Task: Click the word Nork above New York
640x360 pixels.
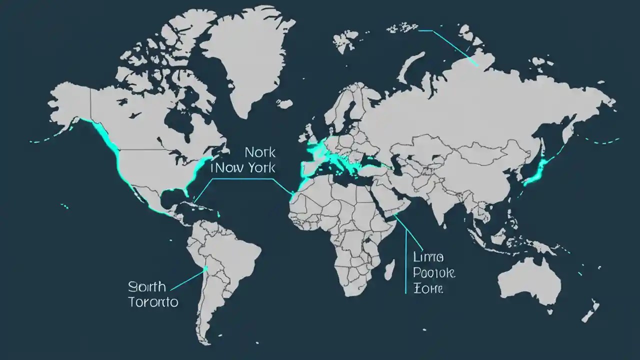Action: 260,152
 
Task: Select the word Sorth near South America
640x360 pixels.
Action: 146,287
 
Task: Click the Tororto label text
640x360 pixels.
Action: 153,302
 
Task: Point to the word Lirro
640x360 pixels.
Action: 428,257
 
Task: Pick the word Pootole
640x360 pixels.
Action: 434,273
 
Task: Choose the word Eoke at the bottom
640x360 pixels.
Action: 428,288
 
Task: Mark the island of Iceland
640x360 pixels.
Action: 284,104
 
